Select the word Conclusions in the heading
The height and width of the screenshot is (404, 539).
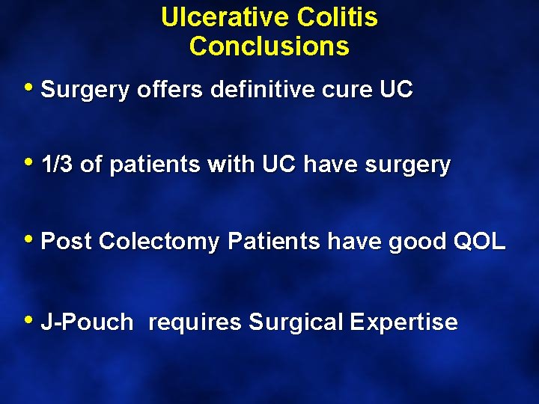269,46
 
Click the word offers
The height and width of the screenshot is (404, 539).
170,90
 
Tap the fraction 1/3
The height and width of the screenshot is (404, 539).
57,165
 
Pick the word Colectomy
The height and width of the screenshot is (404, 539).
159,242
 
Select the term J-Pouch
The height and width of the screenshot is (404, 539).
88,323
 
